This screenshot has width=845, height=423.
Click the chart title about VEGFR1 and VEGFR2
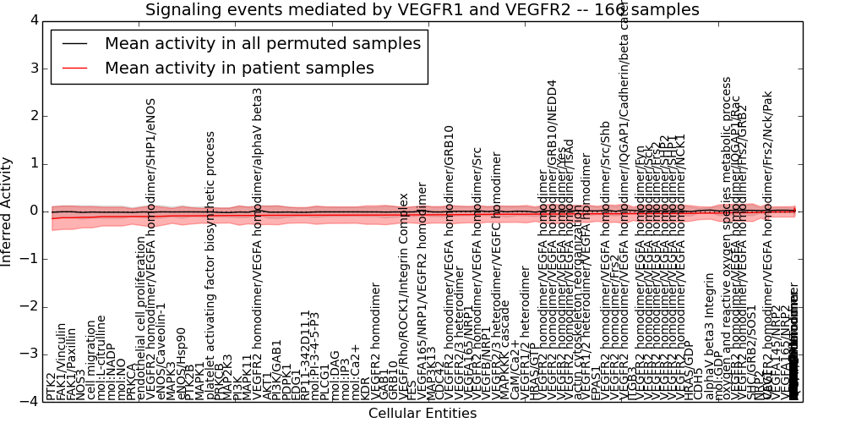tap(422, 10)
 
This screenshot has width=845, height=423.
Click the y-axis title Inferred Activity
tap(8, 211)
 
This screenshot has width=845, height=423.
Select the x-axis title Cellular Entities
tap(422, 413)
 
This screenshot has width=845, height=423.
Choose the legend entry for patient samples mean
tap(239, 69)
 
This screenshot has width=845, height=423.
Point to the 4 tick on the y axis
tap(31, 20)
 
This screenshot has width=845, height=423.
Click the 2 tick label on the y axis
tap(31, 116)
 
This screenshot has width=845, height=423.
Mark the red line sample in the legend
tap(74, 69)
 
